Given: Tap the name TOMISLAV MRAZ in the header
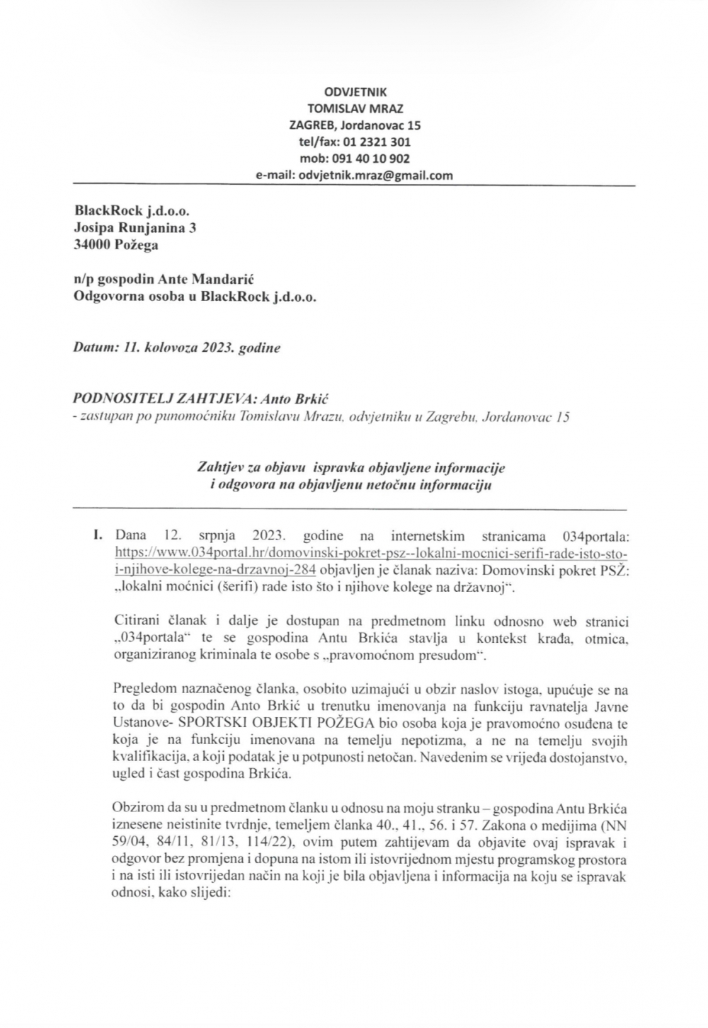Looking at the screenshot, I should [x=355, y=108].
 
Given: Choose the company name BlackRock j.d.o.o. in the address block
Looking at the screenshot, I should [x=132, y=210].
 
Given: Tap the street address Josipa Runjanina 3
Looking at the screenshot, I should [x=135, y=228].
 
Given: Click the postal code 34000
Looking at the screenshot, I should [x=92, y=245].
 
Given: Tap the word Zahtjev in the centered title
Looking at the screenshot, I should [x=216, y=468].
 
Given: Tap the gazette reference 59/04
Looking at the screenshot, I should [x=127, y=843].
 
